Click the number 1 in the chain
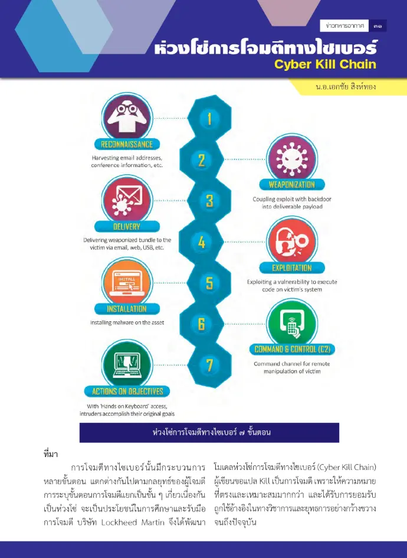[x=209, y=119]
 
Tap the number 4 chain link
[x=202, y=242]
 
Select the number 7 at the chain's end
[x=210, y=366]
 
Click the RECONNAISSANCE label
[x=127, y=144]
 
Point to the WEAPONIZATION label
[x=292, y=185]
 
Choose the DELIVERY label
[x=127, y=227]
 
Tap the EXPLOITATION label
[x=292, y=267]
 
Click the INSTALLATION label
[x=127, y=309]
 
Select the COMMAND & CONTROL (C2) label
[x=292, y=350]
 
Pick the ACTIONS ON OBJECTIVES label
[x=127, y=391]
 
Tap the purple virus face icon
[x=292, y=158]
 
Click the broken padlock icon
[x=292, y=242]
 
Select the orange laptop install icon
[x=127, y=282]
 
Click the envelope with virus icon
[x=127, y=200]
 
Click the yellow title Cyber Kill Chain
[x=325, y=64]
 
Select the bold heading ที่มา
[x=51, y=454]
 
